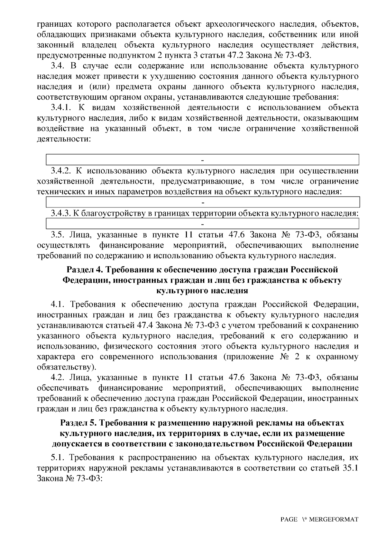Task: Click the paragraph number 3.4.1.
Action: click(61, 108)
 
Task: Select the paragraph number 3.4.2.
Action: click(62, 171)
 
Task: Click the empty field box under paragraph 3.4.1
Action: click(203, 159)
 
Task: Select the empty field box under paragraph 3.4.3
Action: click(203, 223)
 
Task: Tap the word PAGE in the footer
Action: click(289, 520)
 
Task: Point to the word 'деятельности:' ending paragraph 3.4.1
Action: click(63, 140)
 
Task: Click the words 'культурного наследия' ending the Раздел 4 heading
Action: click(202, 291)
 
